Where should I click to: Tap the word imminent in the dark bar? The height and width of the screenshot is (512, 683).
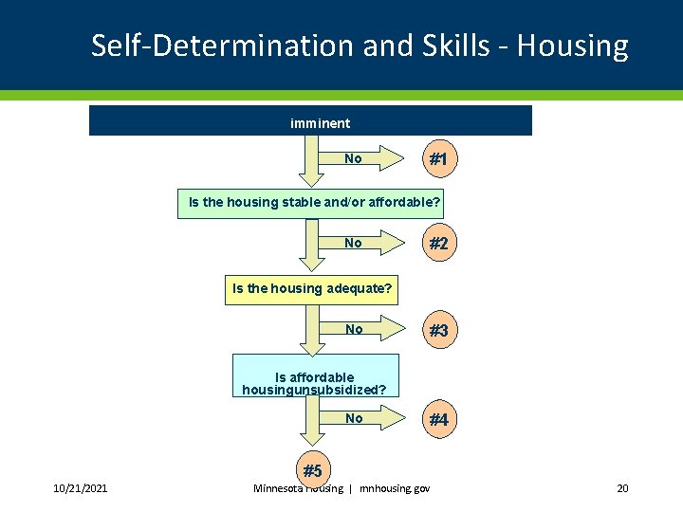(320, 123)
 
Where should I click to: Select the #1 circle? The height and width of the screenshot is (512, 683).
(437, 160)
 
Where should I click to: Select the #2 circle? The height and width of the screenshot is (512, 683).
(437, 244)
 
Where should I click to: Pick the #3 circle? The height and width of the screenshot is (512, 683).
(437, 331)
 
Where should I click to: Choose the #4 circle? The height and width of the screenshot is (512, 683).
(437, 419)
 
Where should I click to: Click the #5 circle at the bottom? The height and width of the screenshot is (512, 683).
(312, 470)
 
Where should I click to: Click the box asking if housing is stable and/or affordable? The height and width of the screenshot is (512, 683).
(314, 203)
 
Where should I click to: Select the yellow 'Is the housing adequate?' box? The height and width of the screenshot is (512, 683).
(312, 288)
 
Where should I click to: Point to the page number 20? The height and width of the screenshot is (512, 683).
(622, 488)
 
